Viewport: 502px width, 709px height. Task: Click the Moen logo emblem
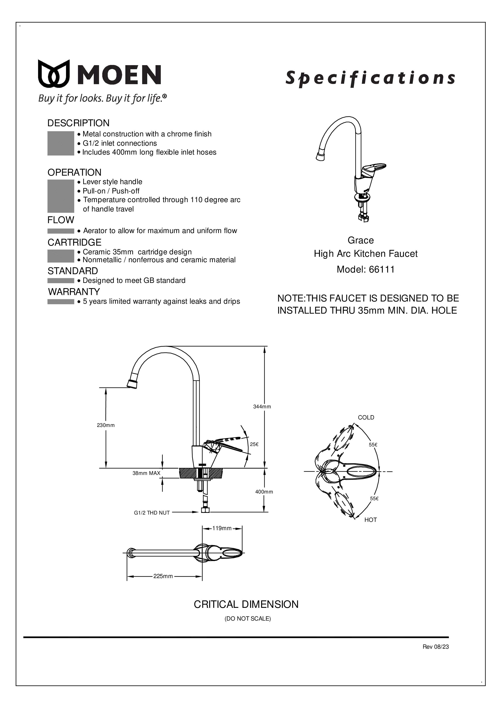tap(53, 73)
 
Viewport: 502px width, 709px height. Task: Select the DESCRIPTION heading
tap(78, 123)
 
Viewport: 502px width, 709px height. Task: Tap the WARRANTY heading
tap(74, 292)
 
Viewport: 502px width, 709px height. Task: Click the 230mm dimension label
tap(106, 425)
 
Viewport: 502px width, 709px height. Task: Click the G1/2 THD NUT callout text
tap(152, 513)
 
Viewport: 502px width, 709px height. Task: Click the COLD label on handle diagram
tap(366, 417)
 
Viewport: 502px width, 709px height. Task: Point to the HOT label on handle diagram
tap(370, 520)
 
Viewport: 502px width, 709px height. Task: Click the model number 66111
tap(382, 269)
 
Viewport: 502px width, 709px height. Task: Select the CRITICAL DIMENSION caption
tap(246, 604)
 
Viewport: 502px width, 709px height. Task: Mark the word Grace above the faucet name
tap(360, 240)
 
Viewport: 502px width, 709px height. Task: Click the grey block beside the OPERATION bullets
tap(61, 196)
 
